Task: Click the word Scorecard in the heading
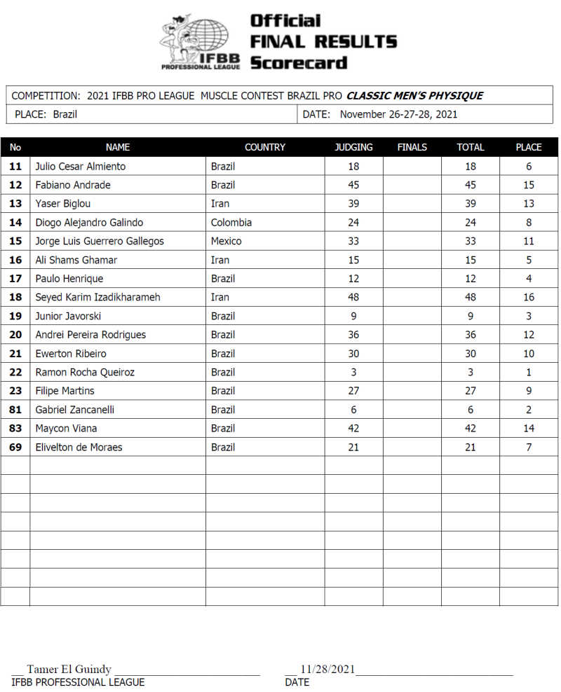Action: [299, 62]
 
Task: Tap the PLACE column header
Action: [528, 147]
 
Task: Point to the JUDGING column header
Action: [353, 147]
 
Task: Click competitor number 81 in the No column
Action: [15, 410]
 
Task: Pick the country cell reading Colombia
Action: [231, 222]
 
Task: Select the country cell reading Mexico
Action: [226, 241]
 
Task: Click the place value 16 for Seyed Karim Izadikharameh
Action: [528, 297]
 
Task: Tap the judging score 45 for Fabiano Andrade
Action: [353, 185]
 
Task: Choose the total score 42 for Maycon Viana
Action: [470, 428]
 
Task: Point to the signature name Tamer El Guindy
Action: [69, 669]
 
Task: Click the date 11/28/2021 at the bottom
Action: [327, 669]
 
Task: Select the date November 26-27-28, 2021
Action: [398, 114]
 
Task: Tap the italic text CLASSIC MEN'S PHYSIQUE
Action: [414, 96]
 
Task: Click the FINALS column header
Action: [412, 147]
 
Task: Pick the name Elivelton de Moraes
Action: [79, 447]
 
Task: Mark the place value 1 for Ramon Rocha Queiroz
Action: [528, 372]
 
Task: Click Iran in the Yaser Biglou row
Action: [220, 204]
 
